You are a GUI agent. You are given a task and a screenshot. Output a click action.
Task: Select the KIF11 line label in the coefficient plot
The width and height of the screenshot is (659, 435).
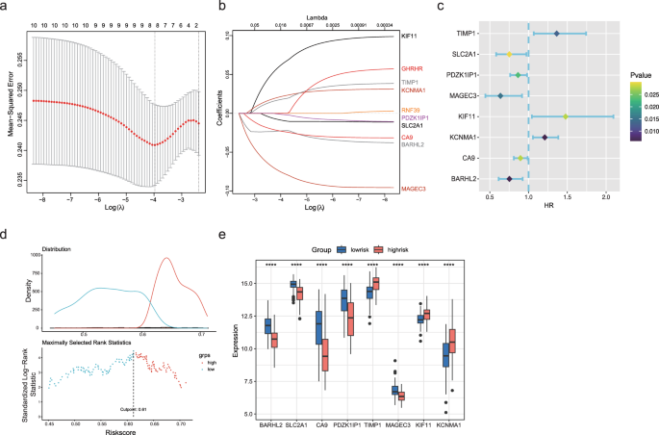pyautogui.click(x=412, y=37)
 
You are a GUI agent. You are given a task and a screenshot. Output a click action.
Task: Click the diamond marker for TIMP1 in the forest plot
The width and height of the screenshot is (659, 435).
pyautogui.click(x=556, y=34)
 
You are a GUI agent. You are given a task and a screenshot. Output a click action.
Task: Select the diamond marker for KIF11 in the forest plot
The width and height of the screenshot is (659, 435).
pyautogui.click(x=566, y=116)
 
